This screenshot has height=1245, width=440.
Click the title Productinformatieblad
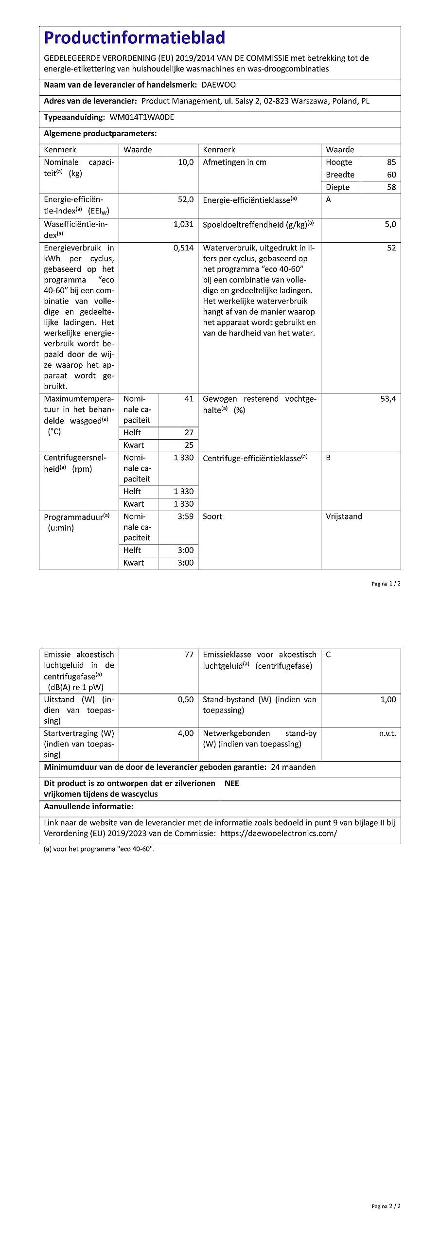(x=135, y=38)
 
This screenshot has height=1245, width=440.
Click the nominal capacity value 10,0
(x=186, y=162)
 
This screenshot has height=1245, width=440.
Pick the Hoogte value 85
(x=391, y=162)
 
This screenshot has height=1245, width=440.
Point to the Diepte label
(x=338, y=187)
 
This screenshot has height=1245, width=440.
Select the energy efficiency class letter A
(x=328, y=200)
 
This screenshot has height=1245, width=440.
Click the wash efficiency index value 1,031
(x=183, y=225)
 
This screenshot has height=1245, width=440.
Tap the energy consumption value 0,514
(x=183, y=248)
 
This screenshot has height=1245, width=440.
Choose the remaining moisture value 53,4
(x=388, y=399)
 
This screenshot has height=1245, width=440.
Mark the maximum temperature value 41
(x=189, y=399)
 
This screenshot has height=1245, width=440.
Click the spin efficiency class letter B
(x=328, y=458)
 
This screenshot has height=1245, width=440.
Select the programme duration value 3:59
(x=186, y=516)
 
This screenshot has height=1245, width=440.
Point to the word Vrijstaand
(x=344, y=516)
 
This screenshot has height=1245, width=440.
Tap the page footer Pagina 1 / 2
(x=386, y=584)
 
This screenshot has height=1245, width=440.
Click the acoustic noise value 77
(x=189, y=655)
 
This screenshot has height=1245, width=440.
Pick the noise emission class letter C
(x=328, y=655)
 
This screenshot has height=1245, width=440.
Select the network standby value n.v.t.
(x=387, y=733)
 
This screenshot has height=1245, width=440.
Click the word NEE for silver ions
(x=232, y=783)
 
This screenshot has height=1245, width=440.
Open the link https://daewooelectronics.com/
(x=279, y=833)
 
